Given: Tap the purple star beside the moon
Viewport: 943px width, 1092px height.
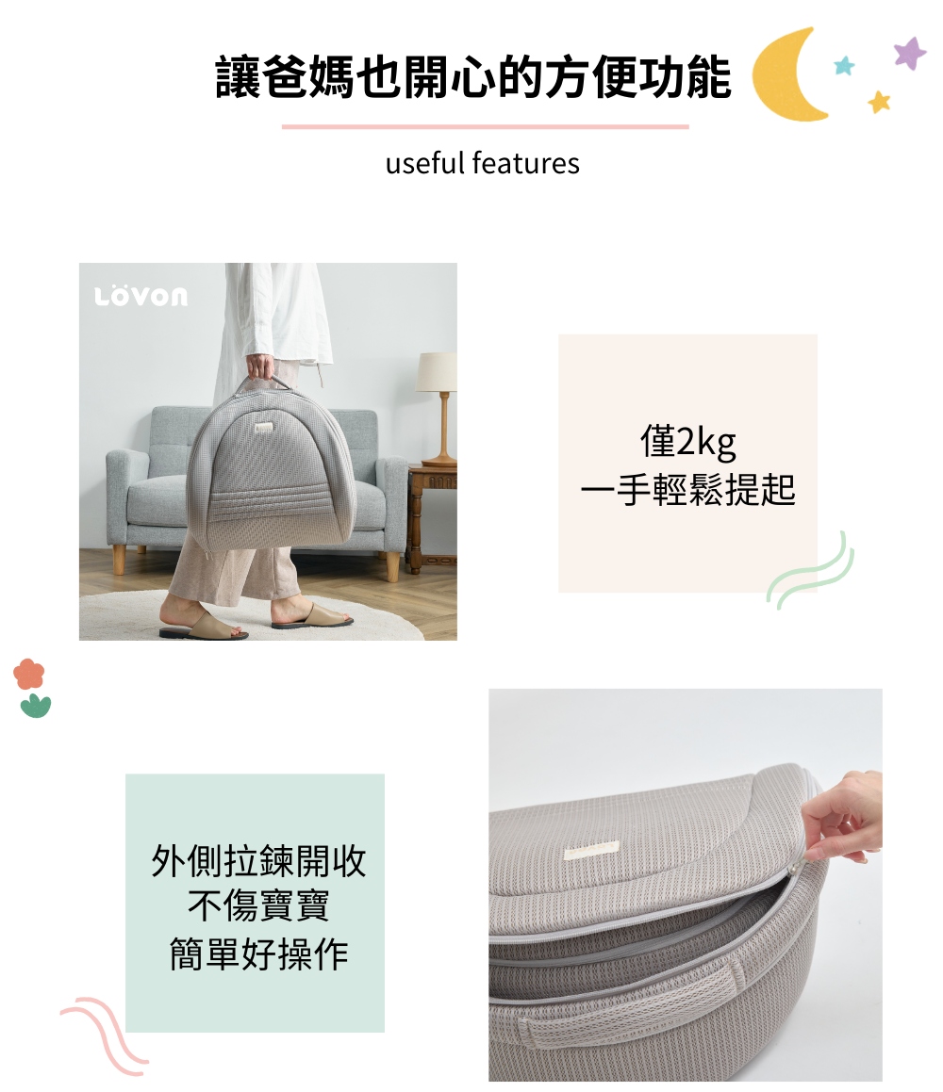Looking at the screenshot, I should (x=910, y=53).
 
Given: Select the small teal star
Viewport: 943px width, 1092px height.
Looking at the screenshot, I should (x=844, y=65).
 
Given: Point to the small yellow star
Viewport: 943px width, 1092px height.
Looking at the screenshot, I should (x=880, y=101).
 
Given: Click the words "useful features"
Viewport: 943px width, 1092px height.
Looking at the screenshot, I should (x=482, y=164).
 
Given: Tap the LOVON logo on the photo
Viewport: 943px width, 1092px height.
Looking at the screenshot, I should (x=141, y=297).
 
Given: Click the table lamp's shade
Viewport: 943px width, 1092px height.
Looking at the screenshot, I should (x=437, y=372).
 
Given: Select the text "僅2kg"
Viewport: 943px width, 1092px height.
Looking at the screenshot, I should (x=687, y=442).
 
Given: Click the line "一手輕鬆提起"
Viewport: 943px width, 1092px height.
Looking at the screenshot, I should (x=687, y=490).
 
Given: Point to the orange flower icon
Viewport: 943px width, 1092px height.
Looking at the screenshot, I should (x=29, y=674).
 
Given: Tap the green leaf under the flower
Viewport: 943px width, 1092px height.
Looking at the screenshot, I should (x=35, y=705).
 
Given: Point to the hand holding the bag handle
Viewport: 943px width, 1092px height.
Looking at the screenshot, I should (x=262, y=367).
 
